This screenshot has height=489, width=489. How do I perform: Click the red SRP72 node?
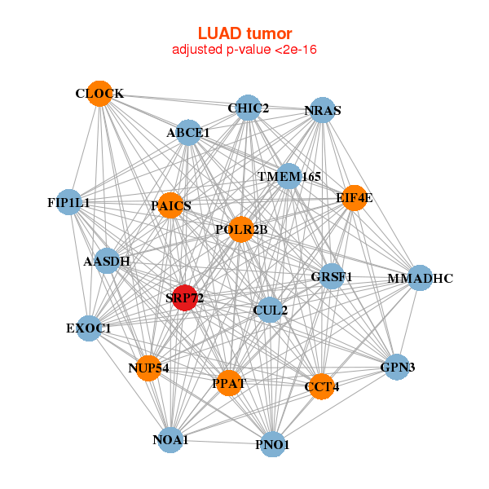click(x=184, y=297)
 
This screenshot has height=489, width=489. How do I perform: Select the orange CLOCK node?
click(x=99, y=93)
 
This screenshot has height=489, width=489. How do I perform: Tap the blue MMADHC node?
click(x=419, y=278)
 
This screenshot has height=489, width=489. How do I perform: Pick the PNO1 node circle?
click(x=273, y=444)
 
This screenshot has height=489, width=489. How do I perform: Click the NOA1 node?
click(x=170, y=439)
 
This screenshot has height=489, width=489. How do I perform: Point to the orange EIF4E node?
click(x=354, y=197)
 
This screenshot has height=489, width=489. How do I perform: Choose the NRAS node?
click(x=324, y=110)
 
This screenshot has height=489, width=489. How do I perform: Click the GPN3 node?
click(x=398, y=368)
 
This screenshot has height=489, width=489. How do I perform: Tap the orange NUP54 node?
click(x=148, y=368)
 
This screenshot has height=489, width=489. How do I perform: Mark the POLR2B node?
click(x=241, y=229)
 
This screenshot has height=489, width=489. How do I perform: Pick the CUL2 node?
click(x=270, y=310)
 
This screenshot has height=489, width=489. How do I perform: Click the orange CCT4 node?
click(x=321, y=385)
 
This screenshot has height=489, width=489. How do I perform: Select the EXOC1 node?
click(x=89, y=328)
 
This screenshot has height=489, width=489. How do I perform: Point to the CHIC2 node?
click(x=249, y=108)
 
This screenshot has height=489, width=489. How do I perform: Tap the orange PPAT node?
click(x=230, y=382)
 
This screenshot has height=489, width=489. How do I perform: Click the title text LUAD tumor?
click(x=244, y=33)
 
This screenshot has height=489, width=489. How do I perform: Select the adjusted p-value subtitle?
click(x=244, y=50)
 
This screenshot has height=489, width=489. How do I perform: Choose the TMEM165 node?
click(x=289, y=176)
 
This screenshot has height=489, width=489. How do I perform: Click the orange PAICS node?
click(x=171, y=205)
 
